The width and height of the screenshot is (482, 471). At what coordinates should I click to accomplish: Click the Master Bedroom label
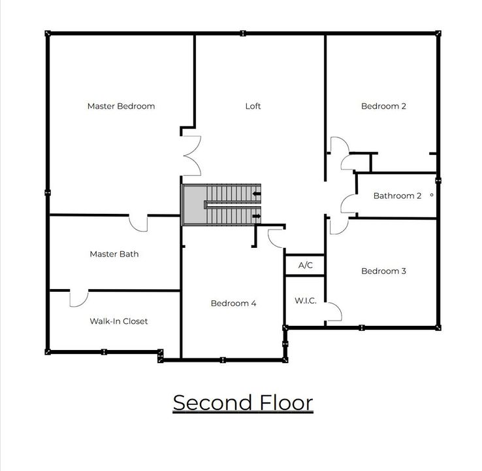coord(121,106)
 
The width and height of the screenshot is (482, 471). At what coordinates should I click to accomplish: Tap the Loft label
coord(253,106)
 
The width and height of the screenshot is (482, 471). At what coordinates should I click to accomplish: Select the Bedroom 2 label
coord(383,106)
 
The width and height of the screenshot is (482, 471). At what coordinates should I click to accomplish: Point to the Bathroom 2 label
coord(397,196)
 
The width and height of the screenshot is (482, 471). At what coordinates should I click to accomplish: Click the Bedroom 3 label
coord(383,271)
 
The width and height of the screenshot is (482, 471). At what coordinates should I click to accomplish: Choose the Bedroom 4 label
coord(233,304)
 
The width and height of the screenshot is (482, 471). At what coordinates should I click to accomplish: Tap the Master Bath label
coord(114,254)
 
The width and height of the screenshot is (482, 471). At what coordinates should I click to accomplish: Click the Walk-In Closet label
coord(118,321)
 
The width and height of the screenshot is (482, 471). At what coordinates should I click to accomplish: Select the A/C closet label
coord(306,266)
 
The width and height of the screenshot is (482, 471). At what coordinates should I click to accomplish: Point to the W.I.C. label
coord(305,301)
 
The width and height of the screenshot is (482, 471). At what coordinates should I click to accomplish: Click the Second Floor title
coord(242,402)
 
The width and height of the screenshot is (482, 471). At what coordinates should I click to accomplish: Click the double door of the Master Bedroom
coord(191,156)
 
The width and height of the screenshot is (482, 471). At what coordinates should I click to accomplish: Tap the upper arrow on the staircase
coord(257,194)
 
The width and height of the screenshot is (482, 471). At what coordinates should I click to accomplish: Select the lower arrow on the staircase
coord(257,216)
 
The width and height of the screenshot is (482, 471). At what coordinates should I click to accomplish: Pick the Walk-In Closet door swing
coord(79,298)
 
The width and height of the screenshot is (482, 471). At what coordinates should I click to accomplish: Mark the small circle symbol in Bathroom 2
coord(431,195)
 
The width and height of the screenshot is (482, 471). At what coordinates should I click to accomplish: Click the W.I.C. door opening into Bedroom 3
coord(334,312)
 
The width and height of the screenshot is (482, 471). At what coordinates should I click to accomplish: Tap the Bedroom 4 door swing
coord(276,237)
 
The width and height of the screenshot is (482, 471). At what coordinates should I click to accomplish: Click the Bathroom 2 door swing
coord(348,204)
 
